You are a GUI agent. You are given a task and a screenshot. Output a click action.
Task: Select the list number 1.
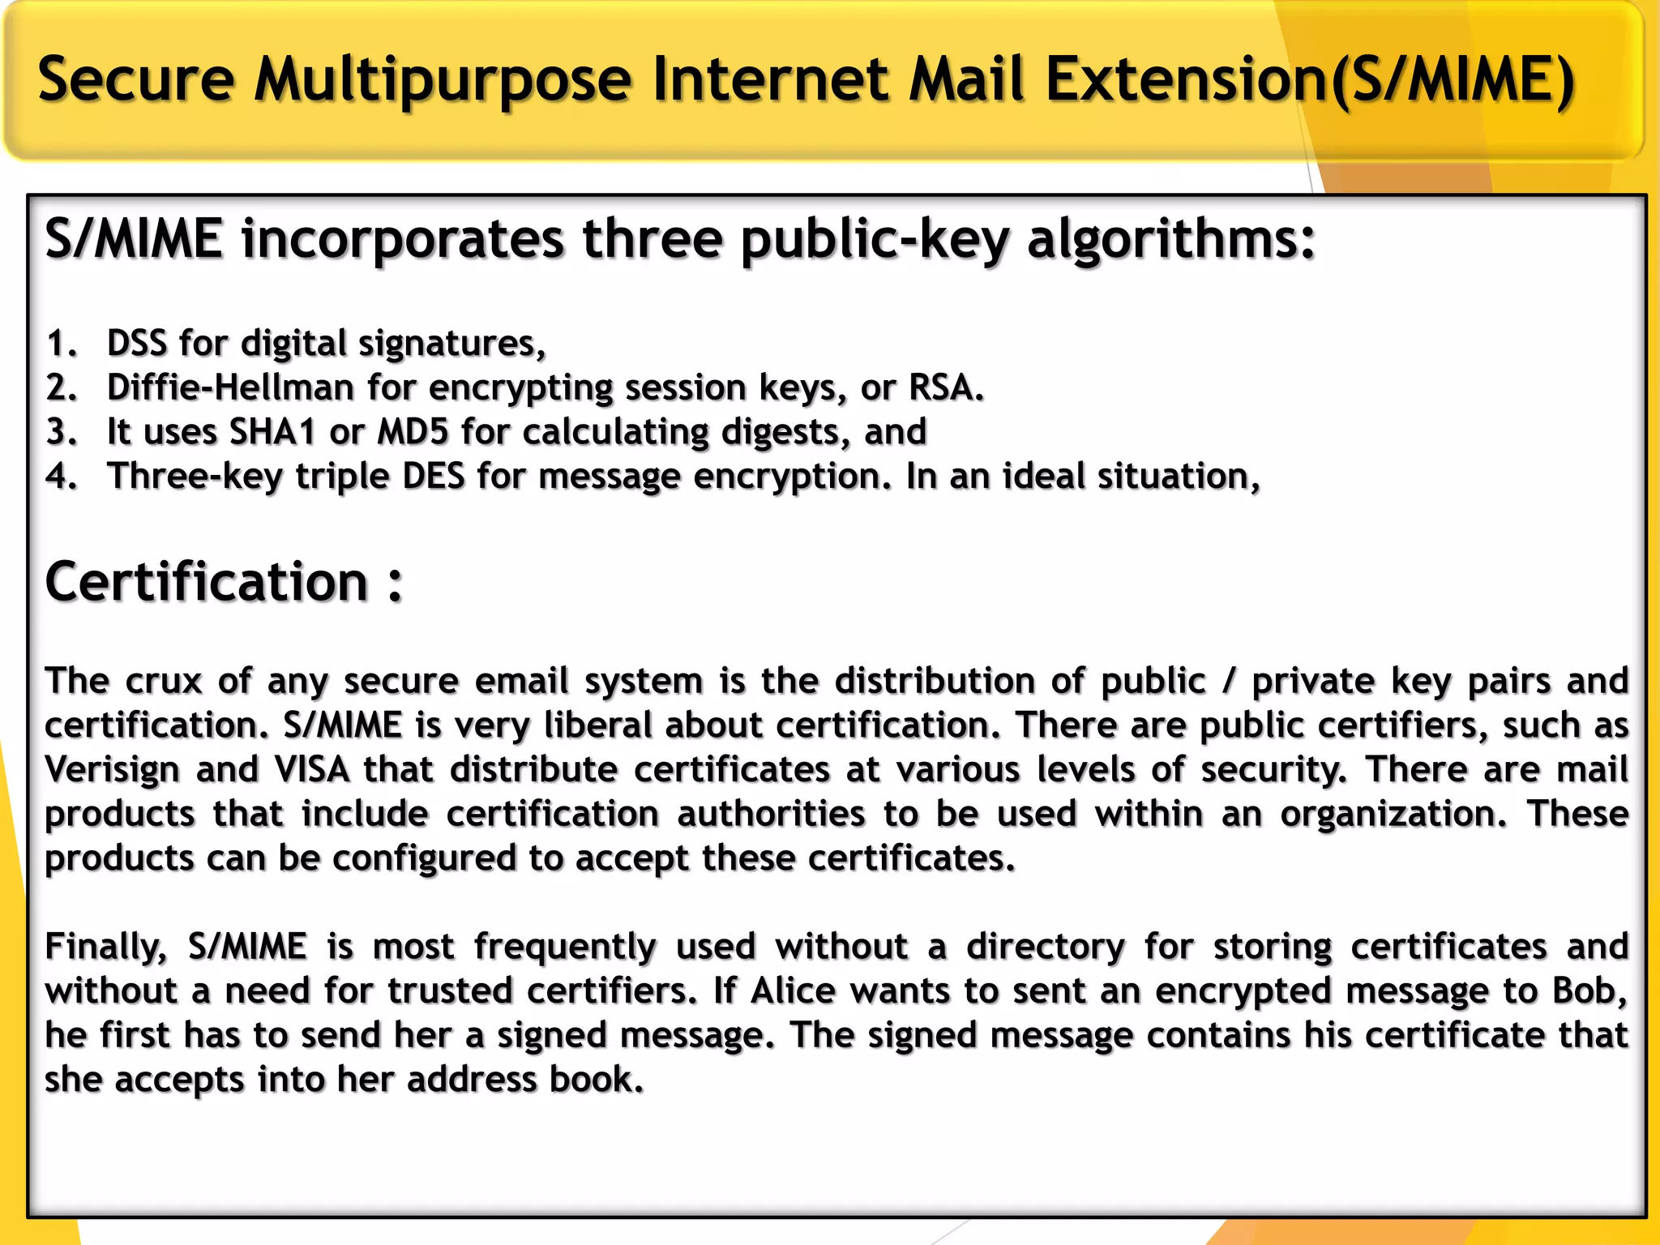click(60, 344)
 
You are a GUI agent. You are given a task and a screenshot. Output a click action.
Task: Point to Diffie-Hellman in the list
click(230, 387)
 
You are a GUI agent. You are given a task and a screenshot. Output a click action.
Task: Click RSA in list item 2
click(945, 387)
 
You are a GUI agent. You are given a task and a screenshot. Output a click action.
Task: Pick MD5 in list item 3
click(413, 432)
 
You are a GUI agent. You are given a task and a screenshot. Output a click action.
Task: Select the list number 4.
click(62, 477)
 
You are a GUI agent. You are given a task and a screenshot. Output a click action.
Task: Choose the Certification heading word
click(207, 582)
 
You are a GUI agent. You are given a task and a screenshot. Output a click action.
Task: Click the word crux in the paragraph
click(163, 681)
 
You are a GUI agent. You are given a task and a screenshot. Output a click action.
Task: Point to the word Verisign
click(111, 769)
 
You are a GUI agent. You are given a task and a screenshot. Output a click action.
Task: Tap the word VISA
click(312, 769)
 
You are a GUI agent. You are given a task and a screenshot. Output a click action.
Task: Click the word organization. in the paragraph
click(1393, 814)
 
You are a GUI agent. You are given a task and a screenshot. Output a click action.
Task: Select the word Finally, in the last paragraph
click(106, 947)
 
